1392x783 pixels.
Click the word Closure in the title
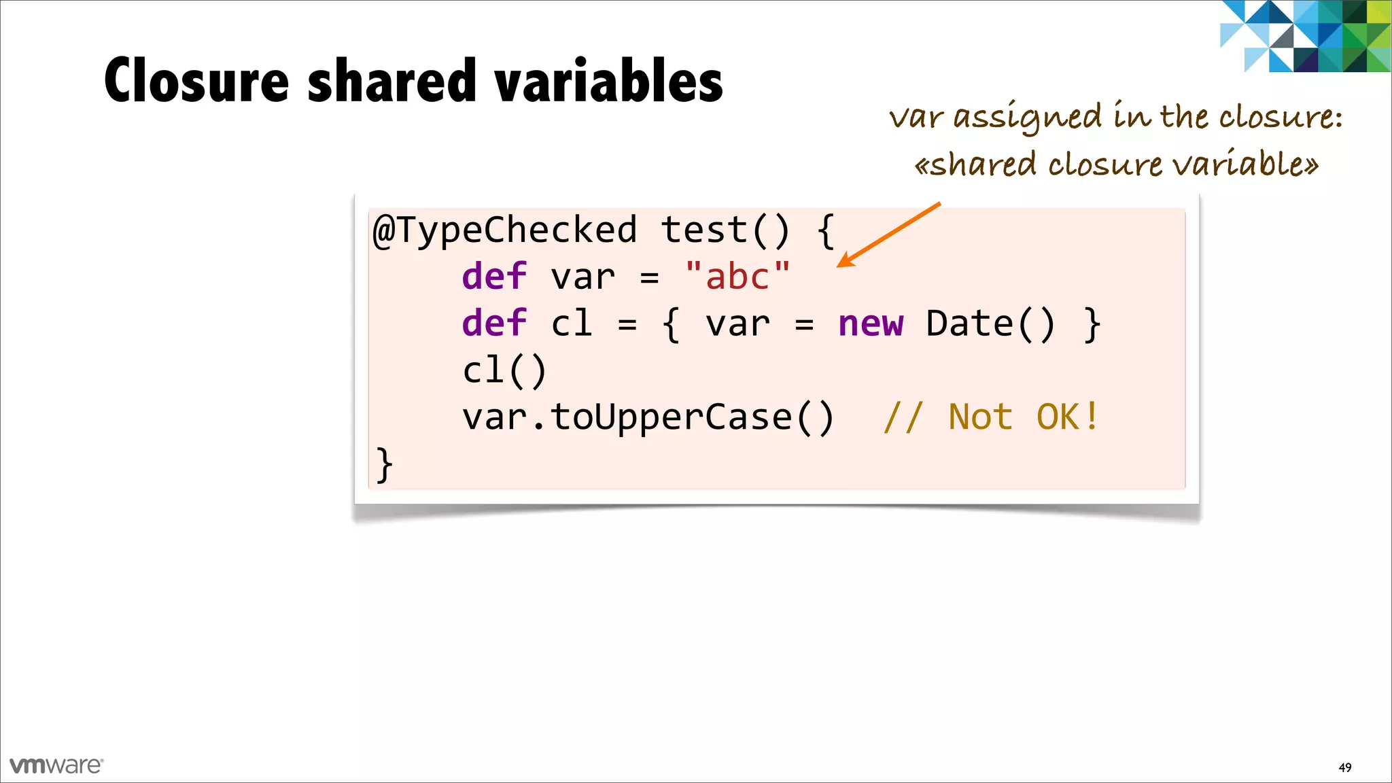point(196,81)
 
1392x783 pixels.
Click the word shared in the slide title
point(392,81)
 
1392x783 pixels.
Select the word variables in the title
point(608,81)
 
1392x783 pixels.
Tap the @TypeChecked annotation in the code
point(505,230)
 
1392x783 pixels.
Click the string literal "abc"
point(737,277)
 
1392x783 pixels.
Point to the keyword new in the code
point(871,324)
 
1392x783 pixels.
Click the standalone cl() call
point(504,370)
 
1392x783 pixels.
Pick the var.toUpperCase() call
point(648,417)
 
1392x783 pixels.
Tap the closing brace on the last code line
point(384,464)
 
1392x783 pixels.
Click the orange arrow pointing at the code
point(888,234)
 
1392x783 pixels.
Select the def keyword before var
point(494,277)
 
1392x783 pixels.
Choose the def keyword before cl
point(494,324)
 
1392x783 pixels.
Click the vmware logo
point(56,765)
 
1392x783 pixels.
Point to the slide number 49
point(1344,767)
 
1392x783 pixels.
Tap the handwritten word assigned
point(1027,118)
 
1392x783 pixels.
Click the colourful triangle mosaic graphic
point(1305,36)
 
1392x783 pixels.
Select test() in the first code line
point(726,230)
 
